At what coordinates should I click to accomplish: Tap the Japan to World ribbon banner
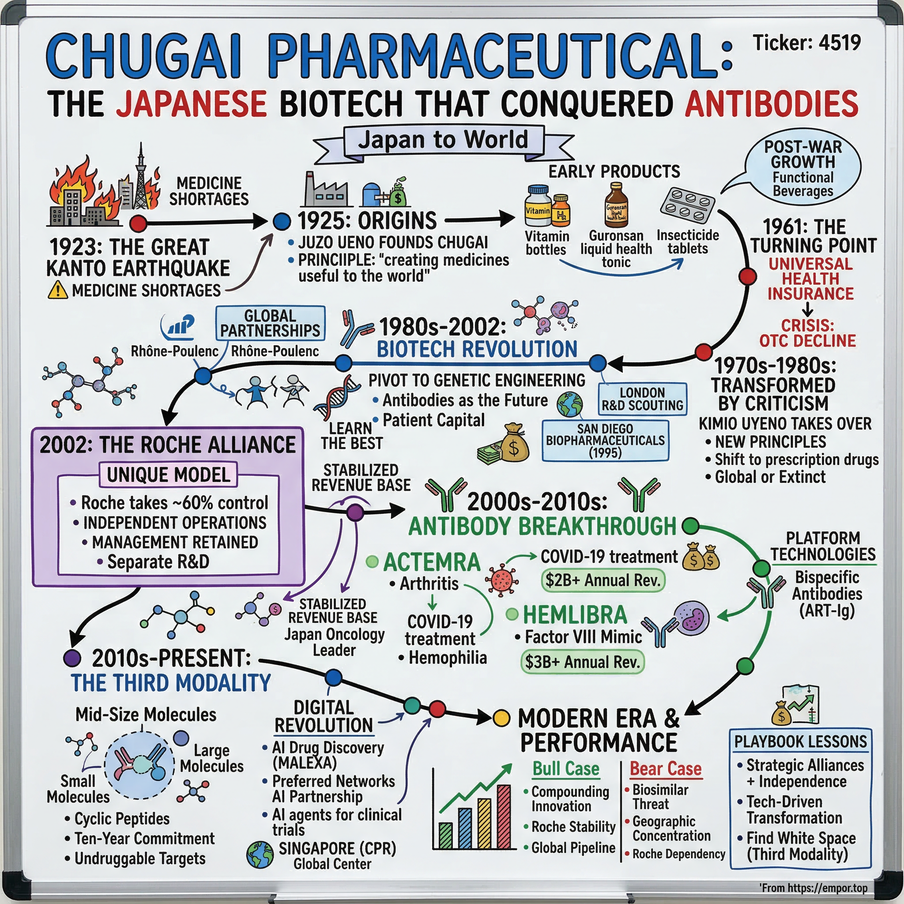click(443, 140)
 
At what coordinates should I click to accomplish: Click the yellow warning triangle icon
click(57, 290)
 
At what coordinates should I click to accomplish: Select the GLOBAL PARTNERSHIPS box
click(270, 323)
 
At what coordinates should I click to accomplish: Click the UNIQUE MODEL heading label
click(169, 475)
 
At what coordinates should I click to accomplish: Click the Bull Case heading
click(565, 769)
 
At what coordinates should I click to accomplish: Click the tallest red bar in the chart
click(504, 817)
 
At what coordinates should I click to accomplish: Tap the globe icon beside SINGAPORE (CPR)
click(260, 855)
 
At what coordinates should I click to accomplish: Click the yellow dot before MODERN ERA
click(501, 717)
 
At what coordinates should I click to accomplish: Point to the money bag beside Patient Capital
click(514, 442)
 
